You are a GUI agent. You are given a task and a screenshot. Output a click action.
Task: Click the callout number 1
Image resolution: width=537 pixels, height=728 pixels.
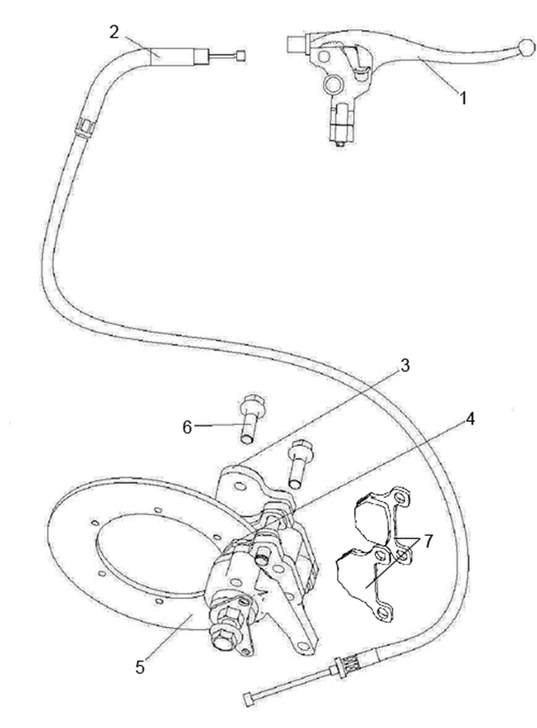click(463, 98)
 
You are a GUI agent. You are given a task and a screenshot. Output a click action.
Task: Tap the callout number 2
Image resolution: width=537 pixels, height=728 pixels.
click(114, 32)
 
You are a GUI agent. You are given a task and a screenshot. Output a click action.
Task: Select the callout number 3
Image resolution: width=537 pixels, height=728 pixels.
click(405, 366)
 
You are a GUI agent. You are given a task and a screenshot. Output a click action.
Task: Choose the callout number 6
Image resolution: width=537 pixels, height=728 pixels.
click(188, 427)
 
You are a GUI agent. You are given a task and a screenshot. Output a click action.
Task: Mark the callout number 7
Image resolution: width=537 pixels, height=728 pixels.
click(428, 541)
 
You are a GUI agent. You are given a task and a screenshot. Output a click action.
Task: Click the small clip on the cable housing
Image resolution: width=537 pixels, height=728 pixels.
click(84, 127)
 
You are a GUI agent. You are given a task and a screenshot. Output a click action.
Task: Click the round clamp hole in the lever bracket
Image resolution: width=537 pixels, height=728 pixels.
click(332, 84)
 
